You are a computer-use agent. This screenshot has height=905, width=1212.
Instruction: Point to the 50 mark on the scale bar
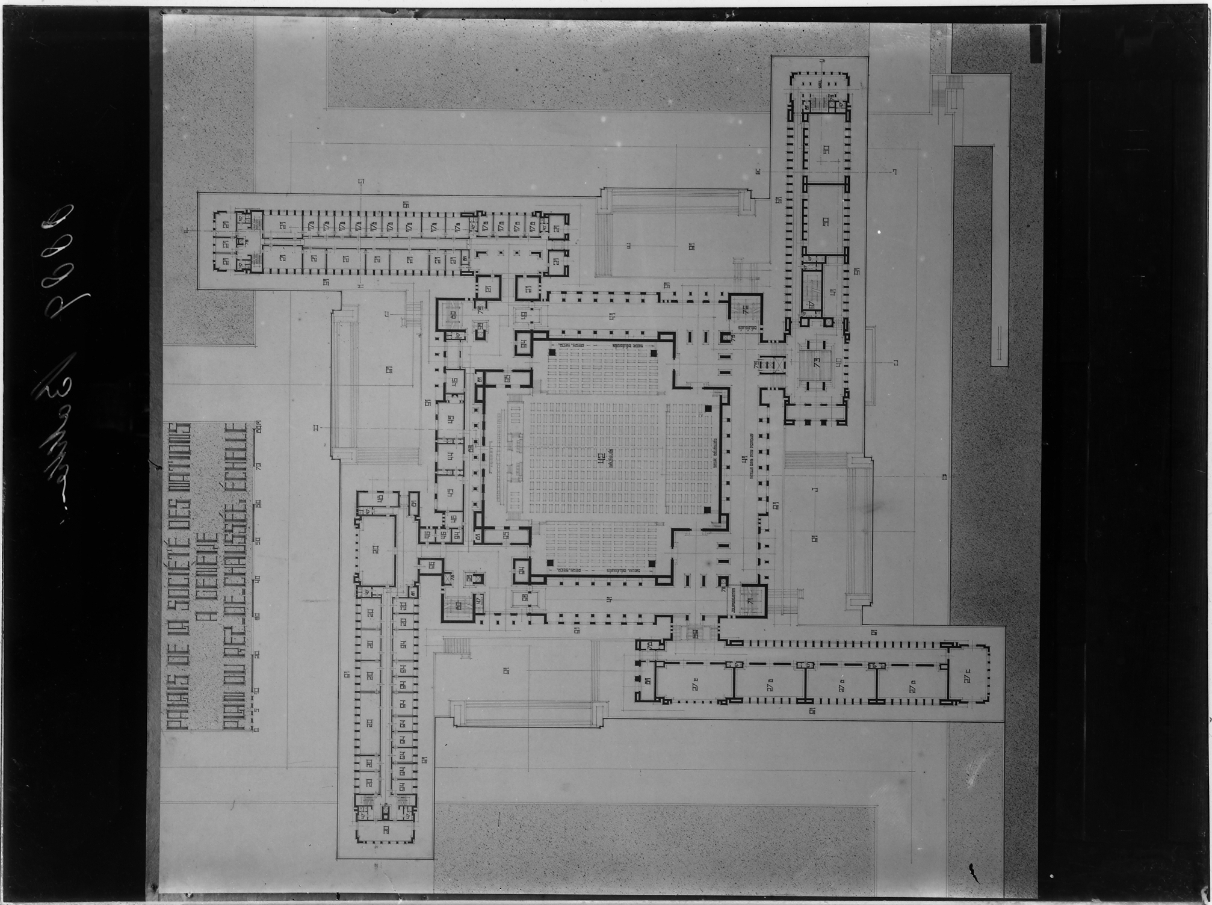pyautogui.click(x=258, y=541)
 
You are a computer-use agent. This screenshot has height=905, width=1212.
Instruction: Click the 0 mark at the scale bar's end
pyautogui.click(x=257, y=729)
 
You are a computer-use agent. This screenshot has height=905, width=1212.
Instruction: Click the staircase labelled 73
pyautogui.click(x=816, y=362)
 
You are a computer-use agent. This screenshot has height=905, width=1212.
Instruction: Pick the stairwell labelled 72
pyautogui.click(x=745, y=310)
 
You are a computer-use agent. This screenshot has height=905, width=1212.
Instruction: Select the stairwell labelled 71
pyautogui.click(x=750, y=601)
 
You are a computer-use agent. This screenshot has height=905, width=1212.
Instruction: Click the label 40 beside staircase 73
pyautogui.click(x=838, y=363)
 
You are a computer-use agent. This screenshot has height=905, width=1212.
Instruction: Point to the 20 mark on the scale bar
pyautogui.click(x=258, y=654)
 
